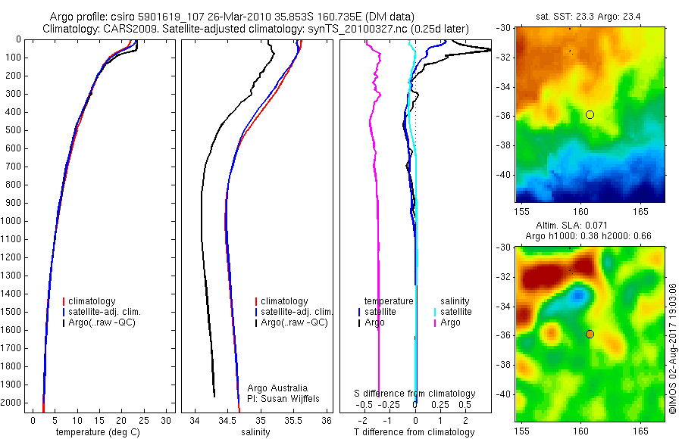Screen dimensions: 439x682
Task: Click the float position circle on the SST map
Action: pos(590,114)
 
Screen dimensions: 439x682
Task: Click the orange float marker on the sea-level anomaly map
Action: pos(590,334)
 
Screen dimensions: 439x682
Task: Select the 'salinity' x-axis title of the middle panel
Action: pos(255,432)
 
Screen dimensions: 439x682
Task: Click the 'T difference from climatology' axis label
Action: pos(414,432)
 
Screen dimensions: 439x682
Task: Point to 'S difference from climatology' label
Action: pos(415,394)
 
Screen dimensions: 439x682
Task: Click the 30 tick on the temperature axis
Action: pos(167,420)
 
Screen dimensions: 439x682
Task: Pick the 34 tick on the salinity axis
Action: pos(195,420)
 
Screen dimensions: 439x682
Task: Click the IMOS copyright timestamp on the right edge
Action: pos(672,347)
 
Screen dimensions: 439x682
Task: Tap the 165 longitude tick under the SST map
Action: pos(640,208)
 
